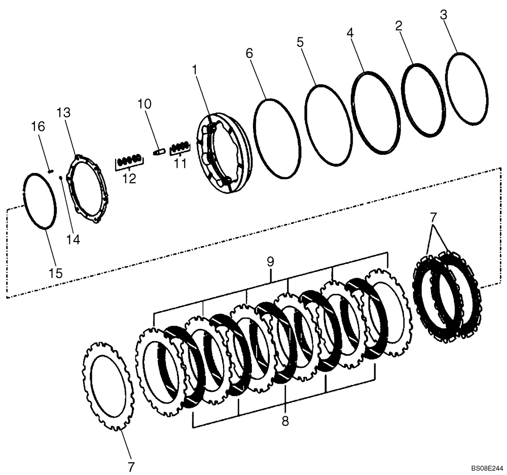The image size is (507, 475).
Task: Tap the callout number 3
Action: coord(444,15)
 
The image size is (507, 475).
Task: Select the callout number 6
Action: coord(249,53)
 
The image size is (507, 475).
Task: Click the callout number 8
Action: coord(285,421)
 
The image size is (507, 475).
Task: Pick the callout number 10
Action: coord(144,104)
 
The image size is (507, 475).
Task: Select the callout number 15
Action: coord(56,273)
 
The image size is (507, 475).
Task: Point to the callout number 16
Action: coord(40,126)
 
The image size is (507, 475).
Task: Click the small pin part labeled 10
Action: coord(159,150)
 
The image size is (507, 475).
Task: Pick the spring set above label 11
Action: coord(179,148)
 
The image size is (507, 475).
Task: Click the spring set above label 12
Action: coord(129,162)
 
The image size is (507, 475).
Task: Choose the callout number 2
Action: coord(399,26)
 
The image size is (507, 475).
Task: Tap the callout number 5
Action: coord(300,42)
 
